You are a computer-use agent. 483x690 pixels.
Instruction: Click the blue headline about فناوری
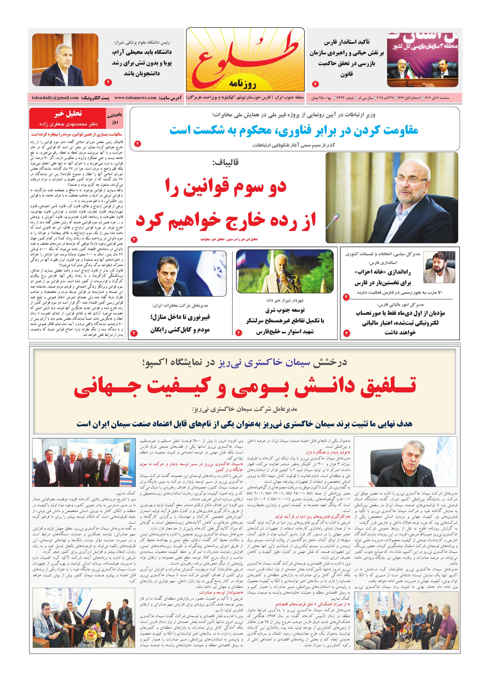point(294,130)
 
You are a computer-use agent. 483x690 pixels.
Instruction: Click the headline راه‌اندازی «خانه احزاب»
point(382,272)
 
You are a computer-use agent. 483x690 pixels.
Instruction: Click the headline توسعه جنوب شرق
point(285,310)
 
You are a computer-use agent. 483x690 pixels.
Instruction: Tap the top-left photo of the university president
point(65,60)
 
